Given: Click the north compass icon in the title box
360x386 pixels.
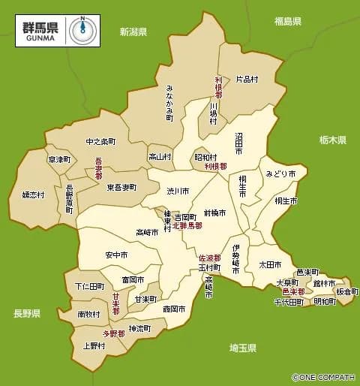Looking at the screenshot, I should coord(82,29).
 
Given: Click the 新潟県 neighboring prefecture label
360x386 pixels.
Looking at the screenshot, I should coord(133,32).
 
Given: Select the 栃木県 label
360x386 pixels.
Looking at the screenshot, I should coord(331,140).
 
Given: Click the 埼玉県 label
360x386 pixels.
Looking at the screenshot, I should coord(243,348).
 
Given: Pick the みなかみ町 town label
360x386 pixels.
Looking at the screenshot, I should coord(169,103).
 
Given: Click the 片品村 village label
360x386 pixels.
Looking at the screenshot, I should coord(247,78).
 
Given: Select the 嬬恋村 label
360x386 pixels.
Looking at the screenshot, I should coord(33,195).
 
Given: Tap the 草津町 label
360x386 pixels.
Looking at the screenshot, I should coord(58,159).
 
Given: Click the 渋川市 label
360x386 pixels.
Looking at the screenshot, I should coord(178,191).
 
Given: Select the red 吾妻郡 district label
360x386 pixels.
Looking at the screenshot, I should coord(98,168).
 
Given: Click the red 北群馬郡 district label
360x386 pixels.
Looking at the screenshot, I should coord(187,225).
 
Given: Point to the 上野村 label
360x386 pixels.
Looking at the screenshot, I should coord(94,346).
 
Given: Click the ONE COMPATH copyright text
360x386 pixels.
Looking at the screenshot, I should coord(324,377).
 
